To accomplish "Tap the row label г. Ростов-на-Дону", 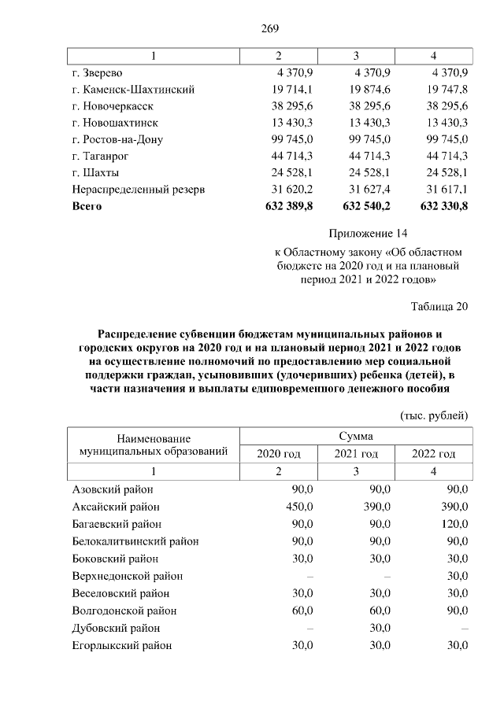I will tap(117, 139).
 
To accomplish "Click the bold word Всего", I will tap(87, 206).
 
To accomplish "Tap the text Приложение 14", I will tap(369, 234).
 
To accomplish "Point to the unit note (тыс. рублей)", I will tap(434, 415).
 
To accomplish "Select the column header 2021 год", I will tap(356, 454).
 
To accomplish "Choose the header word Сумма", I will tap(356, 435).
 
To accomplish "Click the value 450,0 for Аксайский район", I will tap(299, 507).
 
